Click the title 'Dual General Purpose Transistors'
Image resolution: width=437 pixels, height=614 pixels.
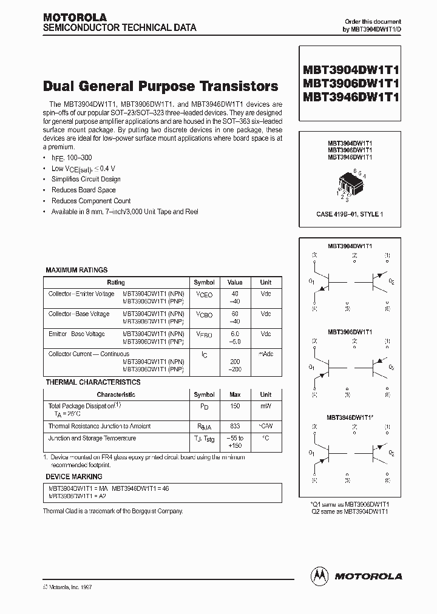click(161, 86)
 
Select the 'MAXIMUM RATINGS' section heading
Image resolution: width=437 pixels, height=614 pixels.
click(76, 270)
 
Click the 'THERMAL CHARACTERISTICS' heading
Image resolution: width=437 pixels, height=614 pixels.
click(93, 382)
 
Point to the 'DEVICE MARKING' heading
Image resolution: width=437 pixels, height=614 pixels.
click(74, 476)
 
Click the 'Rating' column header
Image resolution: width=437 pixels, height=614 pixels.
click(116, 282)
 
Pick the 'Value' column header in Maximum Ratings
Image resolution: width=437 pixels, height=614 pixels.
click(235, 282)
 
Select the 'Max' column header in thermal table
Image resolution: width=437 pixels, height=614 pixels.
click(235, 394)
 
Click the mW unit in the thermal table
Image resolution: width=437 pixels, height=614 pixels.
click(266, 407)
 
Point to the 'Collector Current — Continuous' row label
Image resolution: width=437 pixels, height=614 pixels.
click(89, 354)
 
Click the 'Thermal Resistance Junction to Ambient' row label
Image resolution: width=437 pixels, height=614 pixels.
click(100, 427)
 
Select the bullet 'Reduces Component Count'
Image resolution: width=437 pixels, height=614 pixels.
click(91, 201)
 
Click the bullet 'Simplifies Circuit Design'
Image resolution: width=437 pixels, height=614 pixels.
click(86, 179)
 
